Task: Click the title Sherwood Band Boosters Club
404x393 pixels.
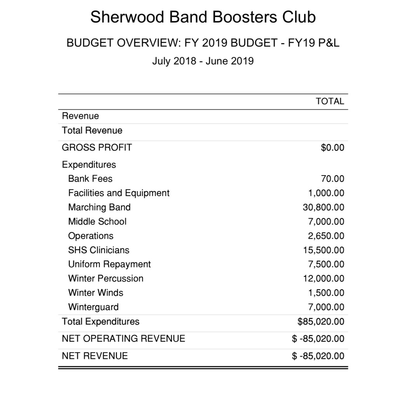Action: [203, 17]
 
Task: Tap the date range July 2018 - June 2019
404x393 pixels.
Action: [203, 61]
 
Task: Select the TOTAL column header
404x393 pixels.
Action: [330, 101]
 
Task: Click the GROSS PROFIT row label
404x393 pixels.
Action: [97, 148]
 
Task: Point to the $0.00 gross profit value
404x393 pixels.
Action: [333, 148]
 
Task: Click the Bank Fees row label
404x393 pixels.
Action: [90, 179]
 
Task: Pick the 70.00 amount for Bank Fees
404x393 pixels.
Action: [333, 179]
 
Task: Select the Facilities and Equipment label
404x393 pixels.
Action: [118, 193]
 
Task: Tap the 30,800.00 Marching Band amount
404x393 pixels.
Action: [323, 207]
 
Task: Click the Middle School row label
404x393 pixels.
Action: [97, 222]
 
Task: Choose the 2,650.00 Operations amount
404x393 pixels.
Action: [326, 236]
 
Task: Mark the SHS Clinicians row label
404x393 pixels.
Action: [99, 250]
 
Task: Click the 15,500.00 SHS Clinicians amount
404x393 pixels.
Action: [323, 250]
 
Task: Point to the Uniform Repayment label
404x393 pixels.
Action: [109, 264]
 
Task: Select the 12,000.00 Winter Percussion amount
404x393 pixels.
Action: [323, 279]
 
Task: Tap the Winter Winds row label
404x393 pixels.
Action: [96, 293]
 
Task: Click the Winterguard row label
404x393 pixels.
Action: [93, 307]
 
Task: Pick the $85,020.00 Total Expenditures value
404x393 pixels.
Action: [320, 322]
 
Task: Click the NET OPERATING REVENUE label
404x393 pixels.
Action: [124, 339]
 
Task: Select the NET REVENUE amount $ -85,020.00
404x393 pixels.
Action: [318, 356]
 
